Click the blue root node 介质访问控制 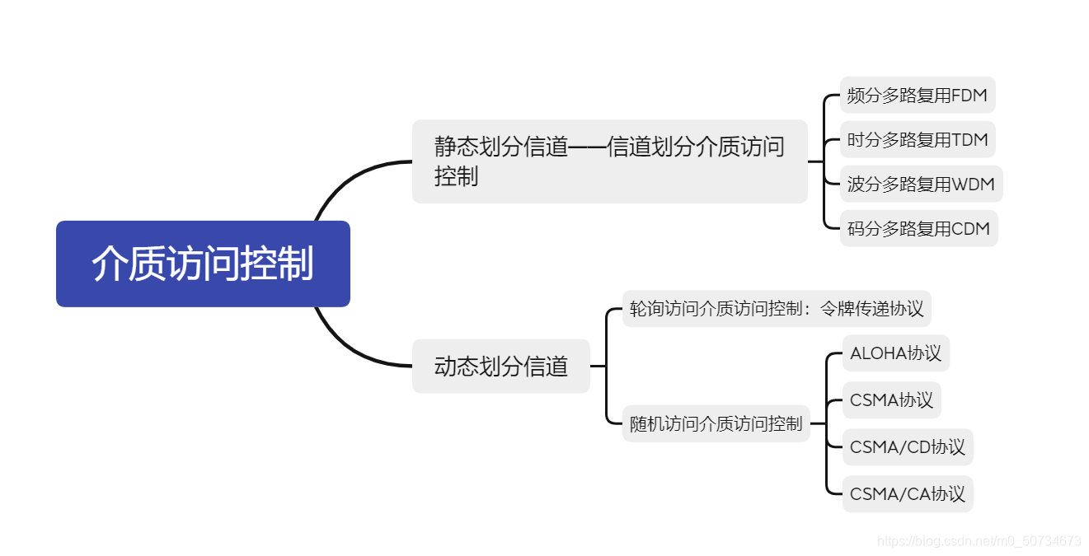203,264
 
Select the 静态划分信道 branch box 609,161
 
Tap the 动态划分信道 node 501,366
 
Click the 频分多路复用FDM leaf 917,96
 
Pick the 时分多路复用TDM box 917,140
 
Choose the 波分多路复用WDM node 921,185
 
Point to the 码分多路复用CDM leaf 918,229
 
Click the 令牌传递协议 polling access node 776,309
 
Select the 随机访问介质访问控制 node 716,424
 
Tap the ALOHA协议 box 895,353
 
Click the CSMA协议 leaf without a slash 891,400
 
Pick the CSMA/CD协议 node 907,447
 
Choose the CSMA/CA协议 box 907,494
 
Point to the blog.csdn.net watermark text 979,541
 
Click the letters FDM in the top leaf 969,96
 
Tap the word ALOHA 878,353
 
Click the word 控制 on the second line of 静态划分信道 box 456,176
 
